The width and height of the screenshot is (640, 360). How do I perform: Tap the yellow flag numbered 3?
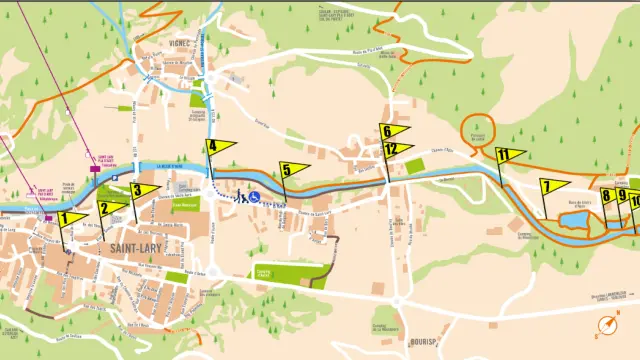pyautogui.click(x=144, y=189)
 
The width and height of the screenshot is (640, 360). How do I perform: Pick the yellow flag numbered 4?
pyautogui.click(x=221, y=147)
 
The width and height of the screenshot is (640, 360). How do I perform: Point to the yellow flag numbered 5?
pyautogui.click(x=293, y=170)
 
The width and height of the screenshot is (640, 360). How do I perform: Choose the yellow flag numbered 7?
pyautogui.click(x=553, y=187)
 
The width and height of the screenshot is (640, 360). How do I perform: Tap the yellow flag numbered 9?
pyautogui.click(x=623, y=196)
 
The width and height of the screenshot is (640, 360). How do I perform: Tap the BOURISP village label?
pyautogui.click(x=425, y=343)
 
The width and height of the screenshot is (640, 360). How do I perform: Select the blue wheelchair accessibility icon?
pyautogui.click(x=256, y=197)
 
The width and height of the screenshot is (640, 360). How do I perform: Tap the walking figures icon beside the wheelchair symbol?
pyautogui.click(x=241, y=197)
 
